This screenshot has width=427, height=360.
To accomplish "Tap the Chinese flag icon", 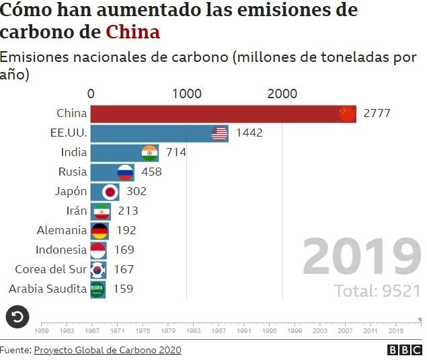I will coord(346,114).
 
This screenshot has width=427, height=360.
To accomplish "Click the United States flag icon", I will coord(219,133).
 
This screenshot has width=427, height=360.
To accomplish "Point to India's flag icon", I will coord(150,153).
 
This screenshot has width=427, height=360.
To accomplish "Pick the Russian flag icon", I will coord(125,172).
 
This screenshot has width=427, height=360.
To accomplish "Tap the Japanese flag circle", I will coord(110,192).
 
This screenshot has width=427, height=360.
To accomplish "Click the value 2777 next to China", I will coord(377,114).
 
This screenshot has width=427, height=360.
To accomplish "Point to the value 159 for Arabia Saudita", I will coord(123,289).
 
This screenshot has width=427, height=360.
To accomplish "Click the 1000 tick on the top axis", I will coord(187,94).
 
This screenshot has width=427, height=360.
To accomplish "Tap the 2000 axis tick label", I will coord(282,94).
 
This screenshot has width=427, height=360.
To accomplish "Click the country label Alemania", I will coord(62,230).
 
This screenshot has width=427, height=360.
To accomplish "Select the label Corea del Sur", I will coord(51,269).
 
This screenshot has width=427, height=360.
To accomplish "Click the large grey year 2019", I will coord(361,257).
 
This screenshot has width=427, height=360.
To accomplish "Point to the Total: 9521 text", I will coord(377,291).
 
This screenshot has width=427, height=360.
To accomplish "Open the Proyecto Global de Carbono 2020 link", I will coord(108,350).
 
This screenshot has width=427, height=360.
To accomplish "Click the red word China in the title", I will coord(133,32).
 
